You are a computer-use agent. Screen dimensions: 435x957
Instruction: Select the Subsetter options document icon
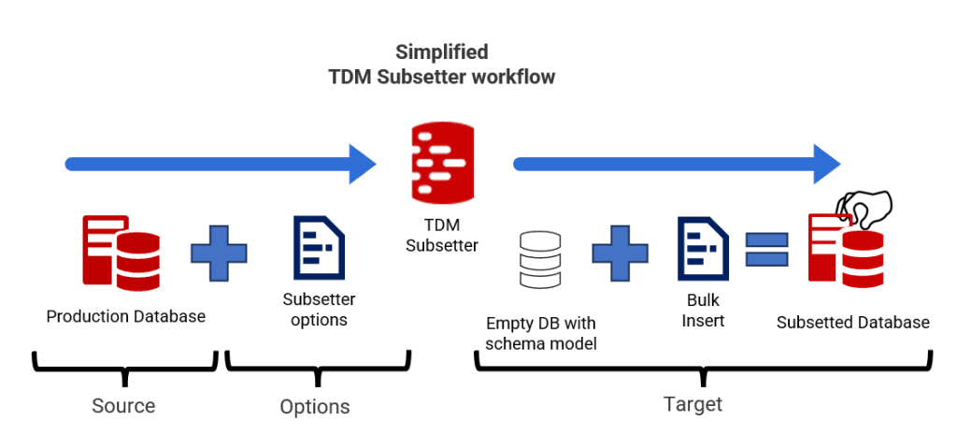(x=319, y=249)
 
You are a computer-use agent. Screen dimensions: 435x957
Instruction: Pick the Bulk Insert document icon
(x=702, y=249)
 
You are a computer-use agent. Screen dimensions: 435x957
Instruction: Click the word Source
(x=123, y=406)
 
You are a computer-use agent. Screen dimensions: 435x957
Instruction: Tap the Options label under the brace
(x=315, y=407)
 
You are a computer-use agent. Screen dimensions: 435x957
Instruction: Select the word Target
(x=693, y=404)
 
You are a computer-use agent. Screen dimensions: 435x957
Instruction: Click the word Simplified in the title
(x=441, y=52)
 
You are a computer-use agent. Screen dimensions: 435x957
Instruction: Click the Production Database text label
(x=126, y=316)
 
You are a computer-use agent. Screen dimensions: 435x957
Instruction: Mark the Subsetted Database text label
(x=853, y=322)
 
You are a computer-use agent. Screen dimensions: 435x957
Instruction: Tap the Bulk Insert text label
(x=703, y=312)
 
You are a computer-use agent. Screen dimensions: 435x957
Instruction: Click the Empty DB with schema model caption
(x=541, y=333)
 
